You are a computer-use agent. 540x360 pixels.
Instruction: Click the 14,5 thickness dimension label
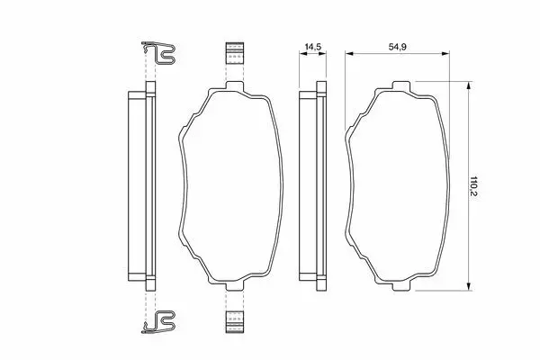[312, 47]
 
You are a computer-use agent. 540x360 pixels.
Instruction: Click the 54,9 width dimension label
[398, 47]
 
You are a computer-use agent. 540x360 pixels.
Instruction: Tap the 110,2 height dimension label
[474, 186]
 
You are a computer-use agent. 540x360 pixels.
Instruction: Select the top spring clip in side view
[158, 53]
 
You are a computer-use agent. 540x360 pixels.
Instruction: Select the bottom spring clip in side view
[158, 322]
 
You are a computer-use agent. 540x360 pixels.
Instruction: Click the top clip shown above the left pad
[235, 53]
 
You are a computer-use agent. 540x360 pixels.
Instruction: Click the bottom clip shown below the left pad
[235, 322]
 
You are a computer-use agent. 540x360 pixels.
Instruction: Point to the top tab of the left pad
[235, 85]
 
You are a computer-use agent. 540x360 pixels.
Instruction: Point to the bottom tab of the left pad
[235, 286]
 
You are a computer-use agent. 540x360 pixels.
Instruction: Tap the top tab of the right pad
[402, 85]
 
